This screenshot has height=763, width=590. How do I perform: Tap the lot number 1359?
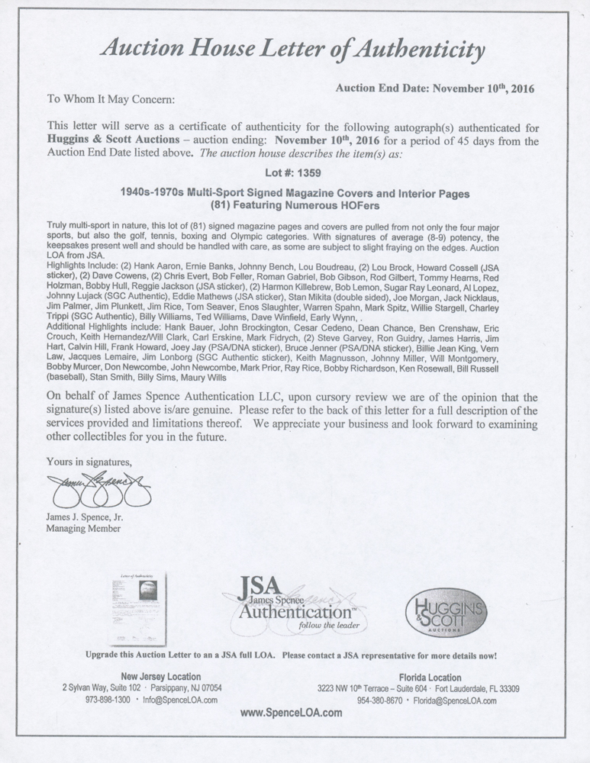(x=307, y=172)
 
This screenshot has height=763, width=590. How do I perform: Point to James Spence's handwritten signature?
(x=98, y=488)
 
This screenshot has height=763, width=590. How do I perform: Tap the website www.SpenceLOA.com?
(x=292, y=713)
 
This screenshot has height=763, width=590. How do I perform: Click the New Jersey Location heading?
(x=161, y=677)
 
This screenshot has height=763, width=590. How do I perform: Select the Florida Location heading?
(x=430, y=677)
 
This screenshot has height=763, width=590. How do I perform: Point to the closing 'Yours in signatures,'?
(x=89, y=462)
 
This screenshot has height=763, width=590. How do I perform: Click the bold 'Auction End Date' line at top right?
(x=434, y=89)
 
